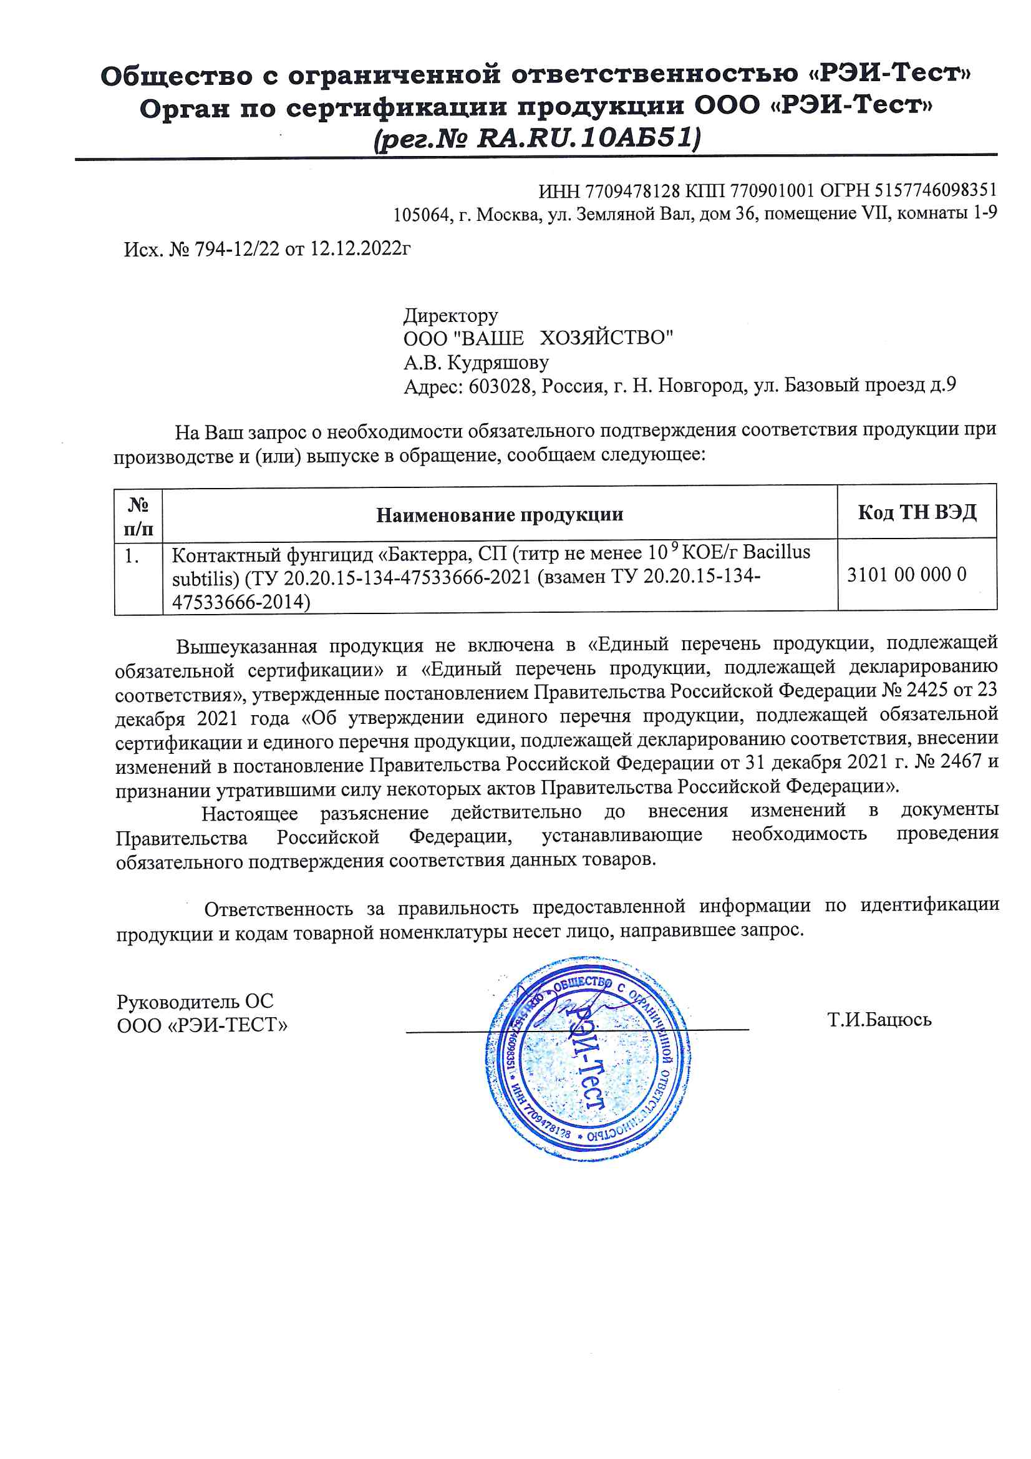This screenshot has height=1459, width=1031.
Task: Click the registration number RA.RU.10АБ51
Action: [x=588, y=138]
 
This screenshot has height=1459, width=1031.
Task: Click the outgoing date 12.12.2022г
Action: [x=360, y=248]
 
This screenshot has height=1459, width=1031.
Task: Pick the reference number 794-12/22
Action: [x=237, y=249]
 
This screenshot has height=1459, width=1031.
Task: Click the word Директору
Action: [x=451, y=315]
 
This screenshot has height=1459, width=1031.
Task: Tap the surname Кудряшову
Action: [x=498, y=362]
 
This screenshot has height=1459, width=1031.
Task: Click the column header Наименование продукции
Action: [x=500, y=514]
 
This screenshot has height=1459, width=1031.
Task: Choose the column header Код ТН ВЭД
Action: [x=917, y=512]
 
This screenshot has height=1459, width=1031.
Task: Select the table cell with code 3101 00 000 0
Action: [x=906, y=575]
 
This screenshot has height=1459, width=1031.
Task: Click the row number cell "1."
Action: [x=132, y=556]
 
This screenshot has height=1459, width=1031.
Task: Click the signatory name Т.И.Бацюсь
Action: [x=879, y=1019]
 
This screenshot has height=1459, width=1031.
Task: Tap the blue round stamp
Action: [x=588, y=1059]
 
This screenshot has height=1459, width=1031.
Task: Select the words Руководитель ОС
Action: [x=195, y=1002]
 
